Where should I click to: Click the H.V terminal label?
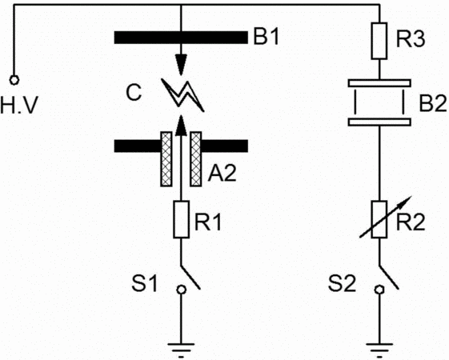pyautogui.click(x=19, y=106)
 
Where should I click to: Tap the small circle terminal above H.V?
pyautogui.click(x=14, y=80)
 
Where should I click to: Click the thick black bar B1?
pyautogui.click(x=181, y=38)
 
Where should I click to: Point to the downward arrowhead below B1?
pyautogui.click(x=181, y=64)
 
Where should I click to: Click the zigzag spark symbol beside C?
pyautogui.click(x=182, y=94)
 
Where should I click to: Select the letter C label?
pyautogui.click(x=134, y=93)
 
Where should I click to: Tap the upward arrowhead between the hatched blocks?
pyautogui.click(x=181, y=126)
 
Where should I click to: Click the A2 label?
pyautogui.click(x=222, y=173)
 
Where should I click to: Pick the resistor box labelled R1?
pyautogui.click(x=181, y=219)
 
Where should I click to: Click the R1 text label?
pyautogui.click(x=208, y=222)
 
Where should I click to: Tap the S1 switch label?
pyautogui.click(x=145, y=283)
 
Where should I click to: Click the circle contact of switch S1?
pyautogui.click(x=181, y=290)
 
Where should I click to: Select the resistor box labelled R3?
pyautogui.click(x=379, y=41)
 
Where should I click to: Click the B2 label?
pyautogui.click(x=433, y=103)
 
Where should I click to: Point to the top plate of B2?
pyautogui.click(x=379, y=83)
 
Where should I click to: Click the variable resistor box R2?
pyautogui.click(x=379, y=219)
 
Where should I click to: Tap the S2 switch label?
pyautogui.click(x=342, y=283)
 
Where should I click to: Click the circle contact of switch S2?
pyautogui.click(x=379, y=290)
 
